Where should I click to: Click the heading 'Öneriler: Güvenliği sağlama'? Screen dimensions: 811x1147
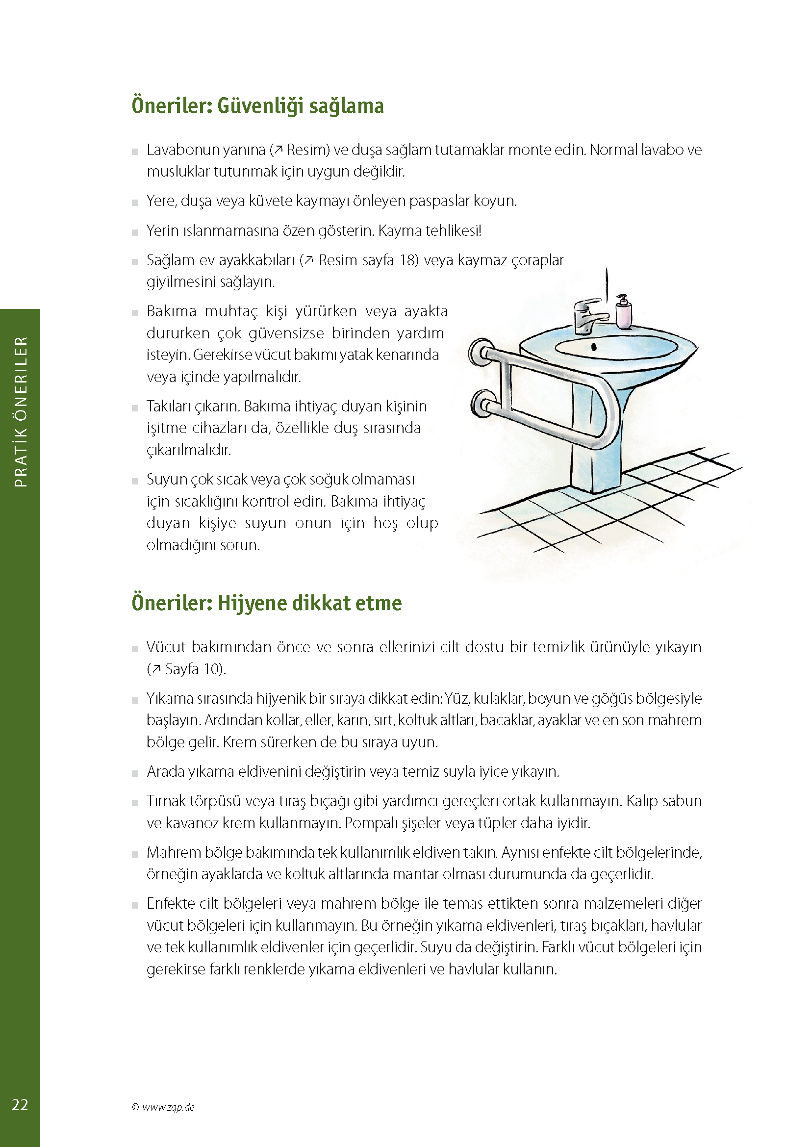pos(258,105)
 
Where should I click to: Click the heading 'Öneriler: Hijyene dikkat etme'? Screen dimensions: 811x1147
pos(267,603)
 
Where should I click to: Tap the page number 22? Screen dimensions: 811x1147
pos(20,1104)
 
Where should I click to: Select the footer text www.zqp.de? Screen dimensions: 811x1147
pos(168,1107)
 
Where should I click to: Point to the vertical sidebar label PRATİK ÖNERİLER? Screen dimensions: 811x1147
pos(21,411)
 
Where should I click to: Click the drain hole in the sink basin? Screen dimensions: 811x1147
pos(594,347)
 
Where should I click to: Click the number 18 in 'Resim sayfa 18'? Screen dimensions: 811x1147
pos(407,260)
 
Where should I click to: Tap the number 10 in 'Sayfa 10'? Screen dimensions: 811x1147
pos(211,669)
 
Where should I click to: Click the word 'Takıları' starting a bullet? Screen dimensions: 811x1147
pos(174,407)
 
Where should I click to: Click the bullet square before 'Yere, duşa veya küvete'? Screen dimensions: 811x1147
pos(135,203)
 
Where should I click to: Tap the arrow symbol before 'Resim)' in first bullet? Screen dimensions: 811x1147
pos(279,150)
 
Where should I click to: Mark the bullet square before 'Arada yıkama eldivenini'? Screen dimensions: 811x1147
pos(135,773)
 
